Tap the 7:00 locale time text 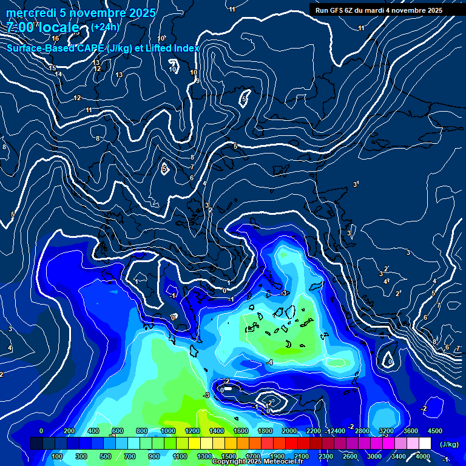click(43, 28)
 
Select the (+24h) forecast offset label click(105, 27)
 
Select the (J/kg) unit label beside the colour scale click(448, 445)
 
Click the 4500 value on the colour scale click(435, 431)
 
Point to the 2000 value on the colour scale click(289, 431)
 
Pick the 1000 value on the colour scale click(168, 431)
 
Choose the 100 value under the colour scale click(58, 456)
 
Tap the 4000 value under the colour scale click(422, 456)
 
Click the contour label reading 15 click(52, 68)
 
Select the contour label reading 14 click(58, 75)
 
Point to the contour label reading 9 click(198, 81)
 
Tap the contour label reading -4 click(269, 362)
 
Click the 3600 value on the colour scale click(410, 431)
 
